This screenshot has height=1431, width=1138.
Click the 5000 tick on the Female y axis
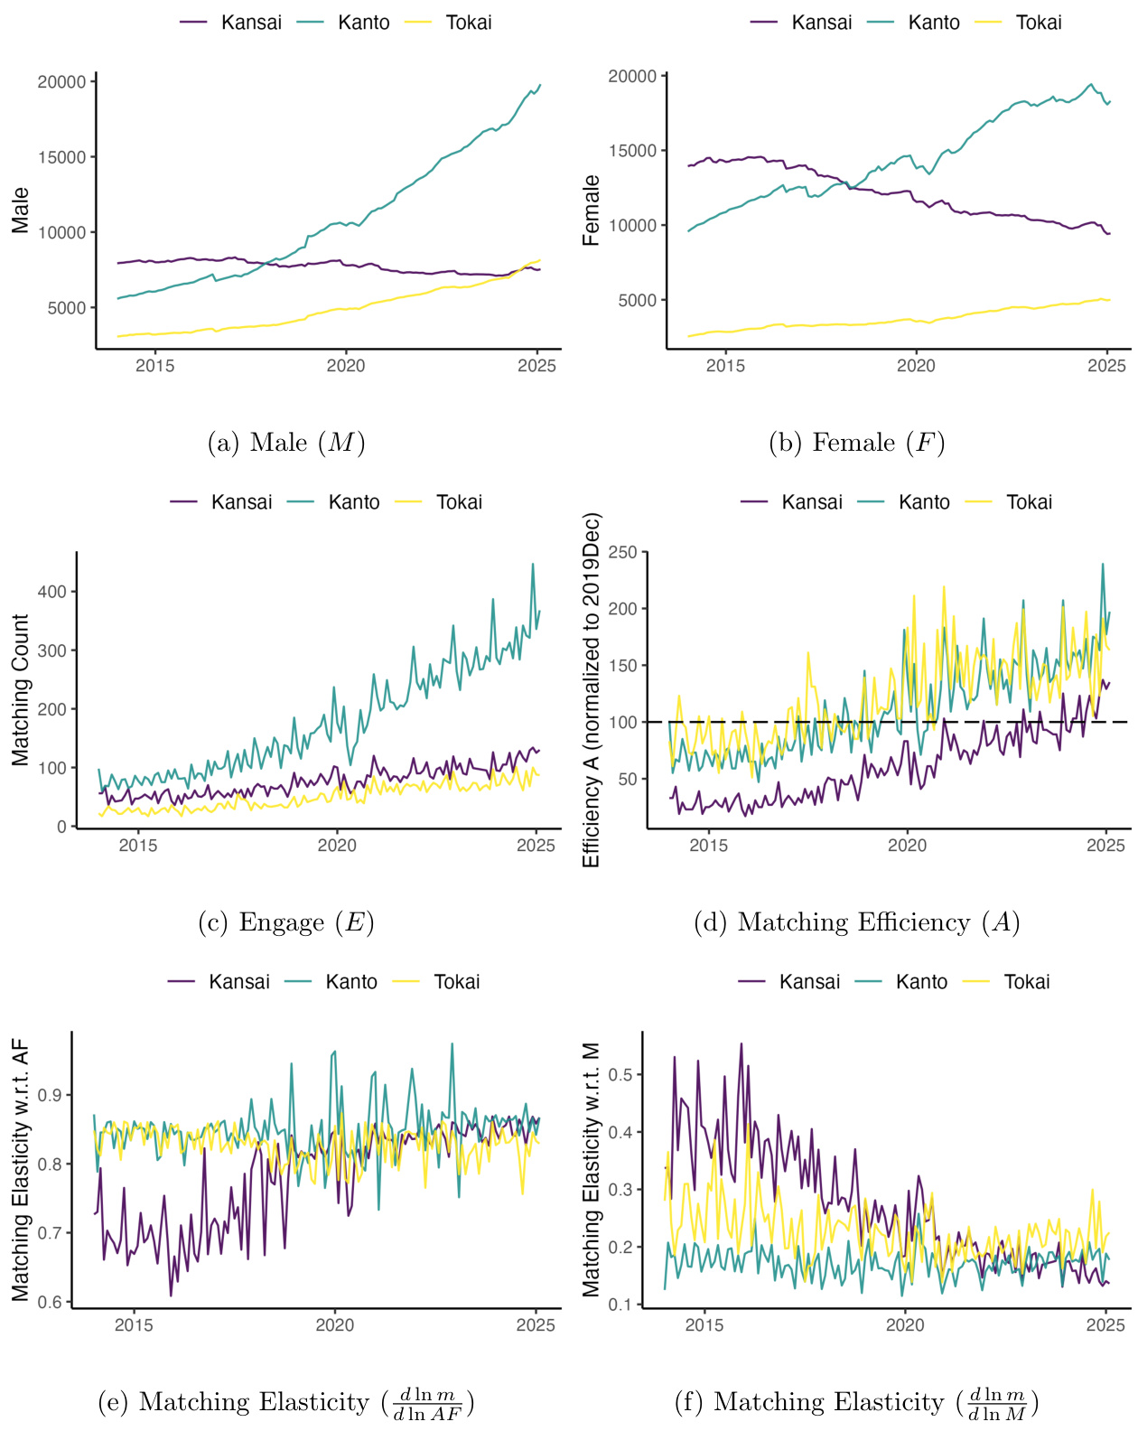tap(637, 301)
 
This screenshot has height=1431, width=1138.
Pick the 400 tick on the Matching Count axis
tap(51, 592)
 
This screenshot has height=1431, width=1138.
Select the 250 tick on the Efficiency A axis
tap(622, 552)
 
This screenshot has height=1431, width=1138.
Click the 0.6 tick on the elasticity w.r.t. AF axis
tap(50, 1302)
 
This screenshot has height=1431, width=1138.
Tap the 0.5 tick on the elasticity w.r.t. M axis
tap(620, 1075)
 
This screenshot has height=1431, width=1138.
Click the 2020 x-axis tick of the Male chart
tap(346, 366)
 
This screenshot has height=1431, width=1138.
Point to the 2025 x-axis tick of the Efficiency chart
tap(1106, 846)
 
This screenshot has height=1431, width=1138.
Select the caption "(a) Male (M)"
tap(285, 443)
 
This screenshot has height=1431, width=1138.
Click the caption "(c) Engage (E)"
tap(285, 922)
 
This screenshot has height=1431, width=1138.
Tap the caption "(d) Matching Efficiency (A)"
tap(856, 922)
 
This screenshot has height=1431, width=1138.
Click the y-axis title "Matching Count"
tap(21, 690)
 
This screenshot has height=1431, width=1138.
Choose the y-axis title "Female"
tap(592, 210)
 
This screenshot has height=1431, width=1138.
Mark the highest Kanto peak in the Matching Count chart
tap(533, 565)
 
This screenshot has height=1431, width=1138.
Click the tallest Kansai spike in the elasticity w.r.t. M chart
tap(742, 1044)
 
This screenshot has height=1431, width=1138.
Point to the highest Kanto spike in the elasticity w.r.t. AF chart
tap(452, 1044)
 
